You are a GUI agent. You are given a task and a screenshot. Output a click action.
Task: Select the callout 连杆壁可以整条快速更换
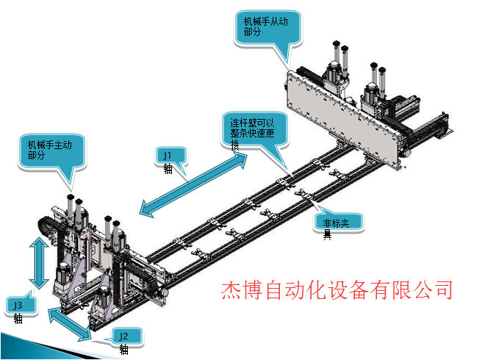[x=254, y=129]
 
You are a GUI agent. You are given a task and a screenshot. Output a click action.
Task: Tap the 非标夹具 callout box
[x=342, y=223]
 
